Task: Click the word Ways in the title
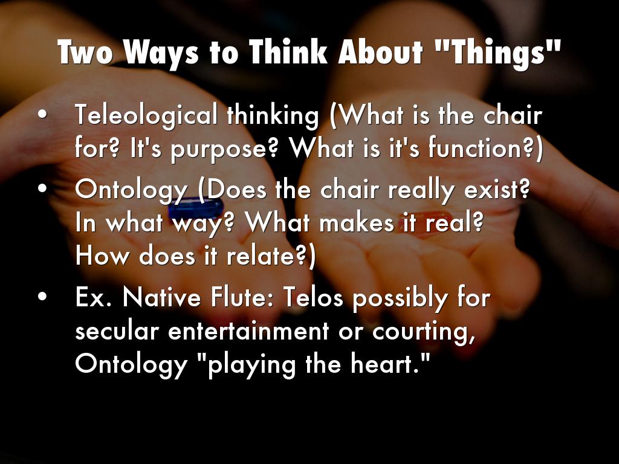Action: click(x=161, y=52)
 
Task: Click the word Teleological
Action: click(x=146, y=116)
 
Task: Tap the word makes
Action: click(x=357, y=223)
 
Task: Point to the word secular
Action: click(x=117, y=330)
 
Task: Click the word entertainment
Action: click(x=248, y=330)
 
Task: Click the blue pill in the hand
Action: click(x=196, y=208)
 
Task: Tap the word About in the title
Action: click(x=380, y=52)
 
